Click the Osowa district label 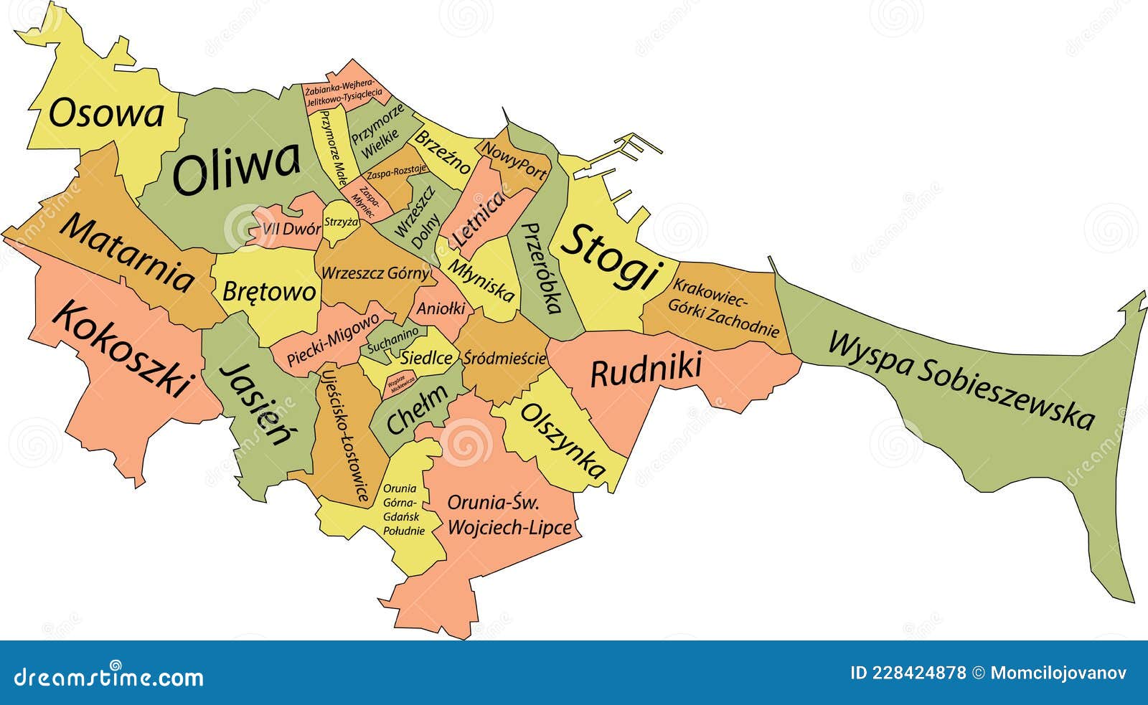pyautogui.click(x=106, y=113)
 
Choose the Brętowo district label pyautogui.click(x=269, y=291)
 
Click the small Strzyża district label pyautogui.click(x=341, y=222)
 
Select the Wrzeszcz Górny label pyautogui.click(x=375, y=273)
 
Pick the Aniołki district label pyautogui.click(x=441, y=309)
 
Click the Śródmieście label pyautogui.click(x=504, y=358)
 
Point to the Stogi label pyautogui.click(x=609, y=256)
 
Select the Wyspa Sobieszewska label pyautogui.click(x=961, y=380)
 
